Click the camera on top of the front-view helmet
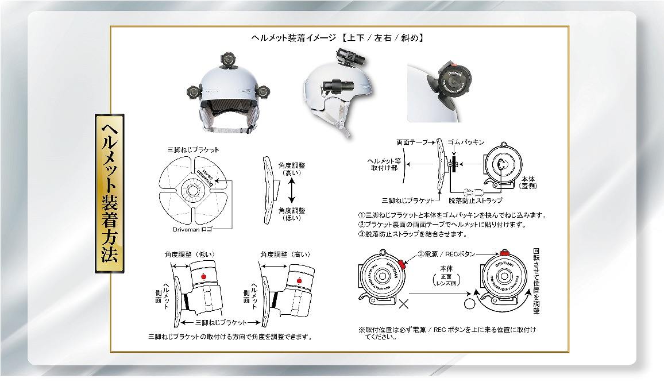227,60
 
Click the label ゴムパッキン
466,141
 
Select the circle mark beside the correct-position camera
469,301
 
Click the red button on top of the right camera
505,253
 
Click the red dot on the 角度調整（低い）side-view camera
201,277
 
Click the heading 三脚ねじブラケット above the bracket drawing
193,149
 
